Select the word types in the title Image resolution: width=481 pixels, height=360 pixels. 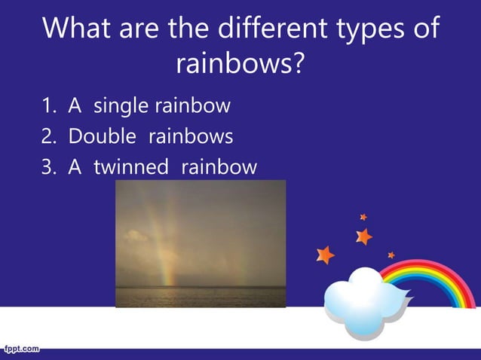tap(369, 30)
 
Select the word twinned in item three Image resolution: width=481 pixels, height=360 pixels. tap(130, 166)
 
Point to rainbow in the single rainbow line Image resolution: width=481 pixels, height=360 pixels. tap(192, 105)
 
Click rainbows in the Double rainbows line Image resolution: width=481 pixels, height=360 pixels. tap(191, 136)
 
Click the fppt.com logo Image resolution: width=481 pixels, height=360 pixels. tap(21, 349)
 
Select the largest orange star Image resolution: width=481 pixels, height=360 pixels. tap(325, 255)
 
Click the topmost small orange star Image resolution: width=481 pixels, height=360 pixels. tap(363, 217)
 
